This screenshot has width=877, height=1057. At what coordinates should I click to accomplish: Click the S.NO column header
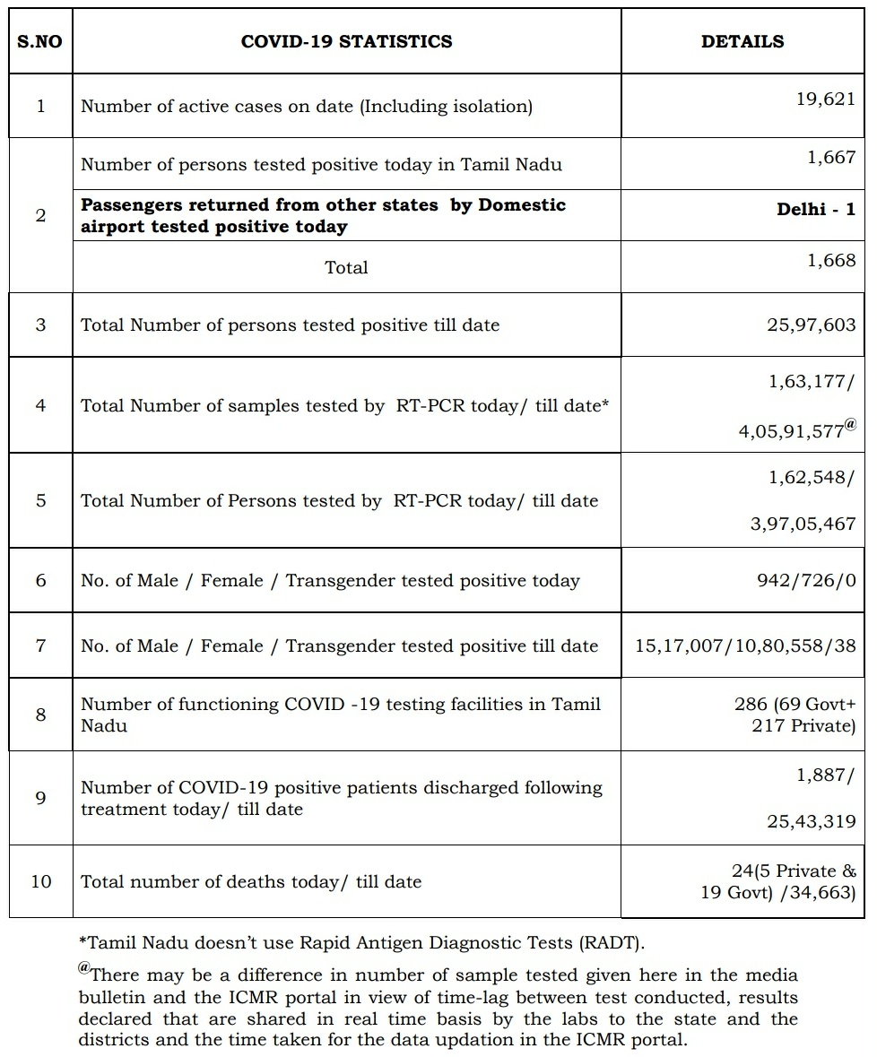pyautogui.click(x=39, y=41)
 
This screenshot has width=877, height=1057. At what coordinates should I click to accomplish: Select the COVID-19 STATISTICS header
pyautogui.click(x=346, y=41)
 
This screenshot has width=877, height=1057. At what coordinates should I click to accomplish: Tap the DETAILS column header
pyautogui.click(x=742, y=41)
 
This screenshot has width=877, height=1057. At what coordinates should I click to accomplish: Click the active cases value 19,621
pyautogui.click(x=825, y=100)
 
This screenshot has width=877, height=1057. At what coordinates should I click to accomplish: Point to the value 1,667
pyautogui.click(x=831, y=158)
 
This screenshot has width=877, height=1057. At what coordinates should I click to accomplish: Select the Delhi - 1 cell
pyautogui.click(x=816, y=210)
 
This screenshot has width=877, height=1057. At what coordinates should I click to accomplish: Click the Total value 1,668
pyautogui.click(x=831, y=261)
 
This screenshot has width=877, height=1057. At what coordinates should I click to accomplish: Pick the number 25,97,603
pyautogui.click(x=811, y=325)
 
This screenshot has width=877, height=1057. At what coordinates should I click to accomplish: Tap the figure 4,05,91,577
pyautogui.click(x=791, y=430)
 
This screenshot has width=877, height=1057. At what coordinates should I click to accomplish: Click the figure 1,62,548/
pyautogui.click(x=812, y=477)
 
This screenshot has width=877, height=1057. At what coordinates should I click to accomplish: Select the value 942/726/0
pyautogui.click(x=805, y=580)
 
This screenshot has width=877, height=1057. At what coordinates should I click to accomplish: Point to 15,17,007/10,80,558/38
pyautogui.click(x=745, y=645)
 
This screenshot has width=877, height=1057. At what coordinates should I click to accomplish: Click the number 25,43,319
pyautogui.click(x=811, y=820)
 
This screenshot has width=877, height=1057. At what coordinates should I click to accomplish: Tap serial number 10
pyautogui.click(x=41, y=881)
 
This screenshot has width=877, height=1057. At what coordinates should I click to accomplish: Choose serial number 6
pyautogui.click(x=41, y=580)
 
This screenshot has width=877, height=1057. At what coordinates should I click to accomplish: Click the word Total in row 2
pyautogui.click(x=346, y=267)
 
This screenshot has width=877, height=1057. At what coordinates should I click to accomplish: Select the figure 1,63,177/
pyautogui.click(x=812, y=381)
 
